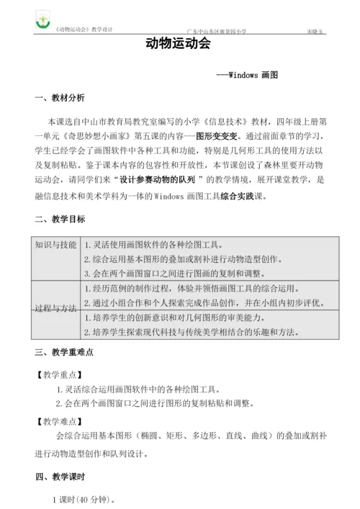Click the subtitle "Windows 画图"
248,74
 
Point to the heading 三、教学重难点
63,353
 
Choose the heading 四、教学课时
59,477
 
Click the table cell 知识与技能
56,246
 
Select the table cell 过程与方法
56,308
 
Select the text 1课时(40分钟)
83,499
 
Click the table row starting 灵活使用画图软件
153,246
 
